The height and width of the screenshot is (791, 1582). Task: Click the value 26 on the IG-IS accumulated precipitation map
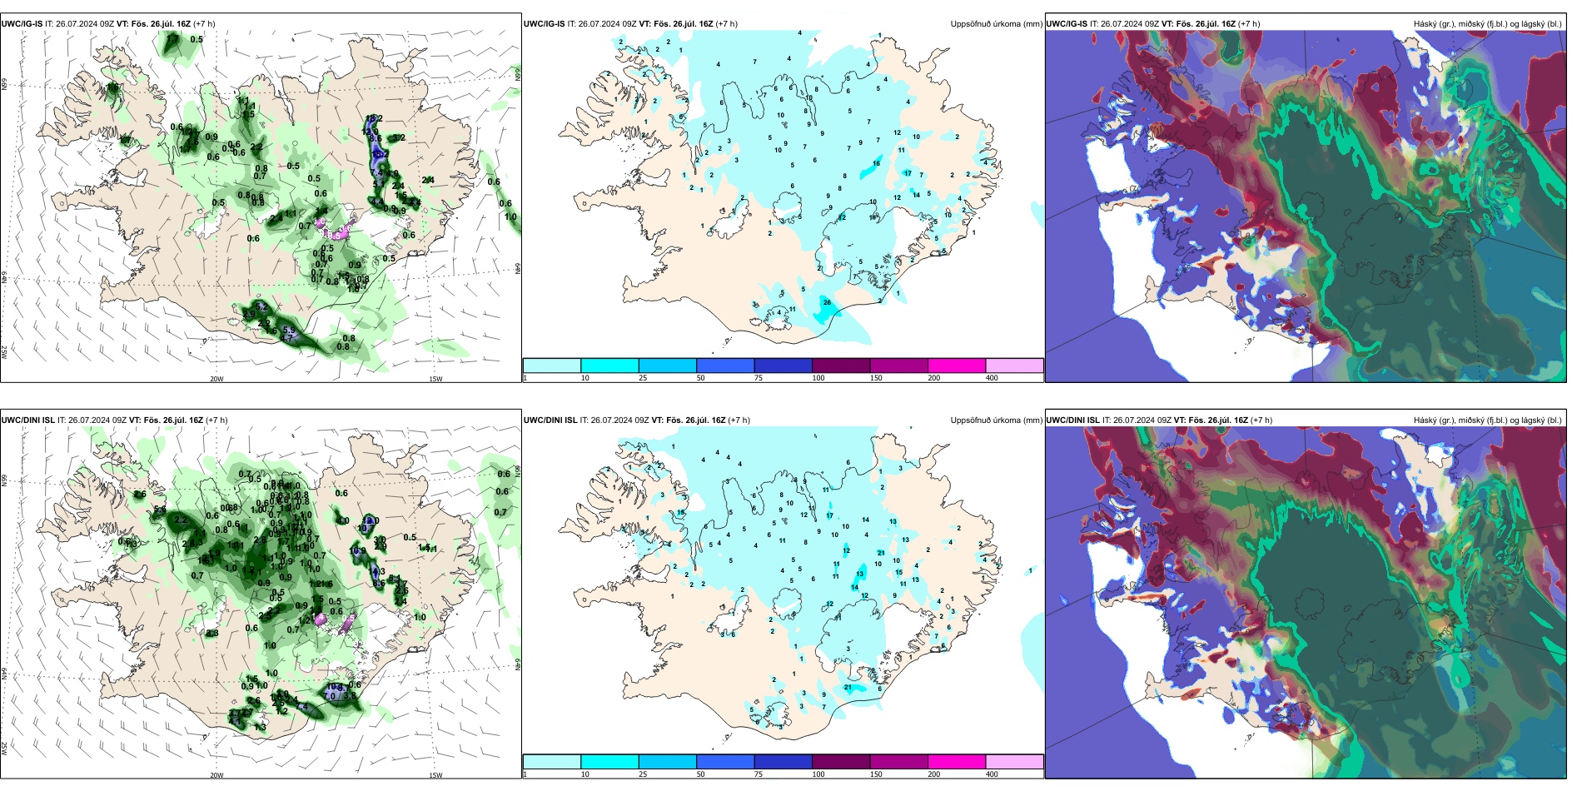[827, 302]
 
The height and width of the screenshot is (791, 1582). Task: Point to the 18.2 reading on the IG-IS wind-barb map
[374, 119]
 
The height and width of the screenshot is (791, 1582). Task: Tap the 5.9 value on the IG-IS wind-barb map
[289, 331]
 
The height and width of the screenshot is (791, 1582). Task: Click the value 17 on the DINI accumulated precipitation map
[829, 516]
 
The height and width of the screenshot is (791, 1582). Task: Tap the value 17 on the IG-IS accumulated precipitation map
[908, 173]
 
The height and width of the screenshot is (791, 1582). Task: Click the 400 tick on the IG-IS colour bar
[992, 378]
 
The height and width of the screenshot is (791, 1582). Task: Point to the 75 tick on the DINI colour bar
[759, 774]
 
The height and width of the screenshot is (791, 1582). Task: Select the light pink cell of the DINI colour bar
[1014, 762]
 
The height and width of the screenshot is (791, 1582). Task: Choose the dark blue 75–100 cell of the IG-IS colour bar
[783, 366]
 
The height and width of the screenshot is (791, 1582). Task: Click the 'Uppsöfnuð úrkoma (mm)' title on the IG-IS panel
[996, 24]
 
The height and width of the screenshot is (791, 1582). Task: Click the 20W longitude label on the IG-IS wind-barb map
[216, 379]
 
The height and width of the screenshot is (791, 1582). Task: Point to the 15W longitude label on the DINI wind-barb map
[435, 775]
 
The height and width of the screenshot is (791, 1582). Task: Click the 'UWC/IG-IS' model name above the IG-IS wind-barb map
[22, 24]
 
